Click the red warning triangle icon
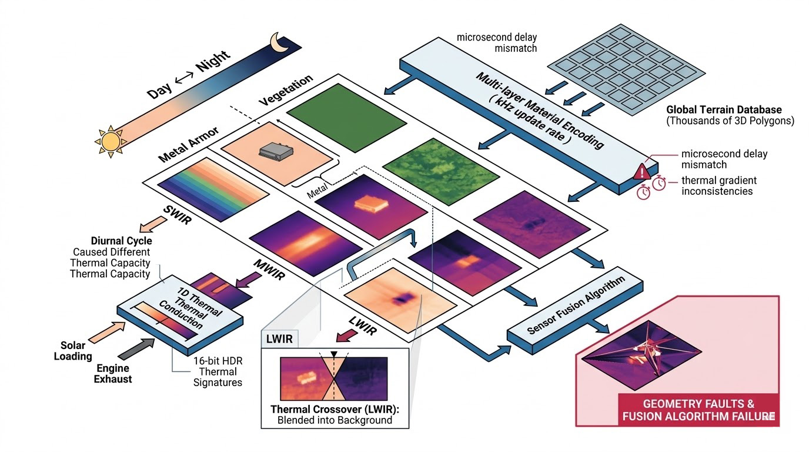click(641, 171)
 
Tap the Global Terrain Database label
click(724, 109)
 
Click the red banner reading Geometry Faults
click(698, 410)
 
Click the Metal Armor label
click(189, 144)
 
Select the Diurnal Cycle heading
click(121, 241)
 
